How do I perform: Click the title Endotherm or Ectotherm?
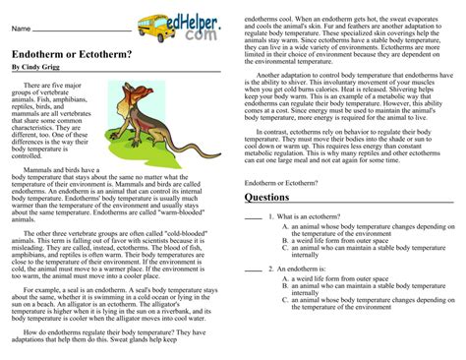[58, 54]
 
